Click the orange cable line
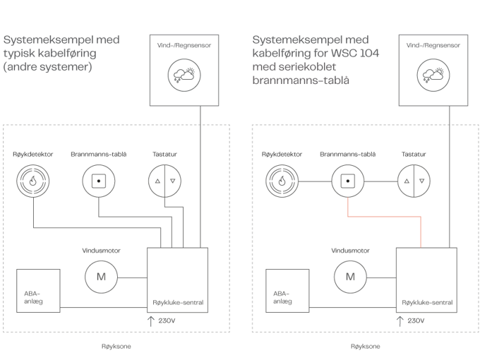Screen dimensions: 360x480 click(385, 217)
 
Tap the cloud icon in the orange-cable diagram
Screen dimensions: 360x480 click(433, 73)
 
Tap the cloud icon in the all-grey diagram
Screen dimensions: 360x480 click(184, 73)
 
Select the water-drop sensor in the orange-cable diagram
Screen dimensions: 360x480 click(282, 181)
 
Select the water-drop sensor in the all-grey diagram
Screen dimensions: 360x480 click(32, 181)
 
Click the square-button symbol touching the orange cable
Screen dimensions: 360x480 click(347, 181)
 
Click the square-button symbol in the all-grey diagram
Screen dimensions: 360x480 click(97, 181)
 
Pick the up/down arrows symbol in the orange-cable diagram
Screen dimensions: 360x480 click(413, 181)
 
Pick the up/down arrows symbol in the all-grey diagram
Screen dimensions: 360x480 click(164, 181)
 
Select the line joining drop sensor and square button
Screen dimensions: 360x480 click(314, 181)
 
